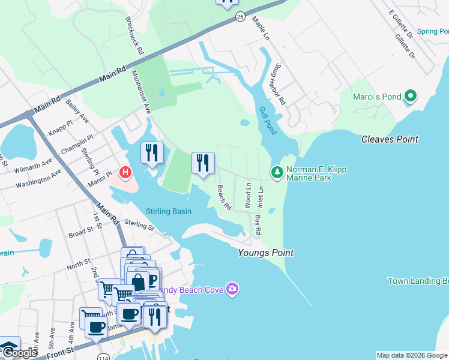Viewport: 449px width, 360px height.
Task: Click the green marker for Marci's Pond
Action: (411, 96)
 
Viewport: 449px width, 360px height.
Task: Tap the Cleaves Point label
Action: (390, 139)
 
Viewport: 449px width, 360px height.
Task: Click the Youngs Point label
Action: (266, 253)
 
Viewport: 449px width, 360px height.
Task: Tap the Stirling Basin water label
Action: (169, 211)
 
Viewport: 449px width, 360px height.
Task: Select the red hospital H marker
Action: (125, 173)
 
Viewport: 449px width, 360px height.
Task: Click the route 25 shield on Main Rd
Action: (240, 16)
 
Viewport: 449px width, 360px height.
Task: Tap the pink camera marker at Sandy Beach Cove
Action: (232, 290)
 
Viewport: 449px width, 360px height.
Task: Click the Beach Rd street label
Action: (224, 197)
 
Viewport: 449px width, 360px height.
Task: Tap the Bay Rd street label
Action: (258, 224)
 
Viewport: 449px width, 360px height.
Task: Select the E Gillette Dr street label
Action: (401, 23)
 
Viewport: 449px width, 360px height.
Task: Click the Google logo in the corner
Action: (20, 353)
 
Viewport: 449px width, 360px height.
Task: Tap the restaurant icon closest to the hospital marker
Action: (152, 152)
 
